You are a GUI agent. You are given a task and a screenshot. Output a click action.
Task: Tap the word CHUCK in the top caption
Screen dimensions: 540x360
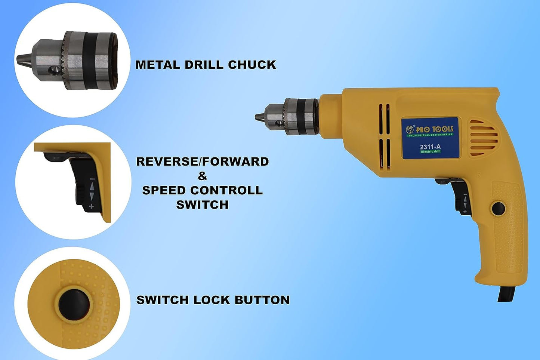pyautogui.click(x=252, y=65)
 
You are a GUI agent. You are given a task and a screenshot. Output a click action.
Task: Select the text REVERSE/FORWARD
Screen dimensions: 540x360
pyautogui.click(x=203, y=161)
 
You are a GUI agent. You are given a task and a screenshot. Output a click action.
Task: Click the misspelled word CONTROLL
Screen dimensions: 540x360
pyautogui.click(x=226, y=190)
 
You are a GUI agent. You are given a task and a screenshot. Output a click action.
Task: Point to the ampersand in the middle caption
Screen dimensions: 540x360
pyautogui.click(x=203, y=176)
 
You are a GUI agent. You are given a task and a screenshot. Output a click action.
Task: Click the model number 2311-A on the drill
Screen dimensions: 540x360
pyautogui.click(x=430, y=147)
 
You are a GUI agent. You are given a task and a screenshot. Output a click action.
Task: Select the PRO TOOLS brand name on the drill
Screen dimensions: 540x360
pyautogui.click(x=434, y=129)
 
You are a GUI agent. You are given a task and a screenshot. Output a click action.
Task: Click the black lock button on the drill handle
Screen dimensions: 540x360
pyautogui.click(x=498, y=208)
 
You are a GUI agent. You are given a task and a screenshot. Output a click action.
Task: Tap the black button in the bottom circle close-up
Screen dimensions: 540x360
pyautogui.click(x=74, y=304)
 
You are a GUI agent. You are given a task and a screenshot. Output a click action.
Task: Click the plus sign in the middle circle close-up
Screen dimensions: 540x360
pyautogui.click(x=91, y=206)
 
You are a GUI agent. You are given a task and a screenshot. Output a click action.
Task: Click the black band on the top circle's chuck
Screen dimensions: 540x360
pyautogui.click(x=89, y=61)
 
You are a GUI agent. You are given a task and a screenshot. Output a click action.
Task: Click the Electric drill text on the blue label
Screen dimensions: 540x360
pyautogui.click(x=430, y=151)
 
